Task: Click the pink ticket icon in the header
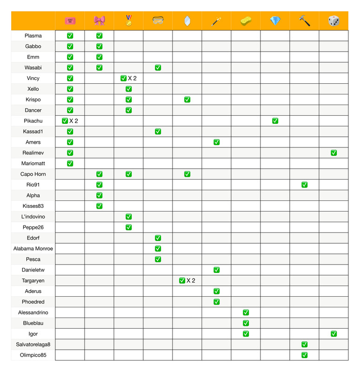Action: [x=70, y=20]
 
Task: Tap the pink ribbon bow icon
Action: [x=99, y=20]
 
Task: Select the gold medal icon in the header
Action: [x=128, y=20]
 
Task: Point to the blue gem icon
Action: [x=275, y=20]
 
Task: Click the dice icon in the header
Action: [x=333, y=20]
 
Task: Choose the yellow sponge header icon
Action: [x=246, y=20]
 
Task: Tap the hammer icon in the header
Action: [x=304, y=20]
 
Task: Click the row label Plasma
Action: [x=33, y=36]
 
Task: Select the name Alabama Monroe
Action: [x=33, y=249]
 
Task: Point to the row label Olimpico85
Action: [x=33, y=355]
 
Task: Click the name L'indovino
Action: [x=33, y=217]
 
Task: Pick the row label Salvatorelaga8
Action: [x=33, y=345]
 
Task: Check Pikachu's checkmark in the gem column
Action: [x=275, y=121]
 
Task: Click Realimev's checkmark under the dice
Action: [x=333, y=153]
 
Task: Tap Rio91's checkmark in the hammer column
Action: [x=304, y=185]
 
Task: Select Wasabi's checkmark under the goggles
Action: [x=158, y=68]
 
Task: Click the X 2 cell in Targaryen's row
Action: [x=187, y=280]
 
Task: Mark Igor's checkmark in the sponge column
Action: [x=246, y=334]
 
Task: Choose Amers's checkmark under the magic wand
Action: [x=216, y=142]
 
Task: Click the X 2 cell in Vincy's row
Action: [x=128, y=79]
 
